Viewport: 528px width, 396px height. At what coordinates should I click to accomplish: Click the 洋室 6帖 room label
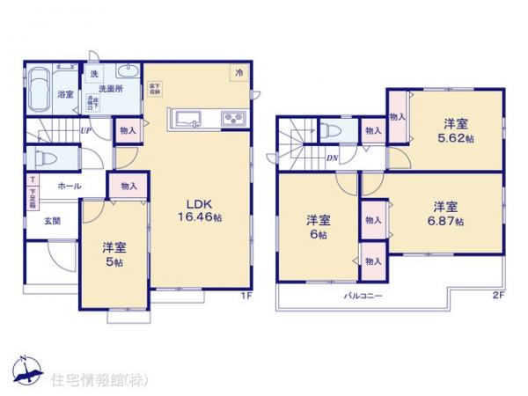click(318, 226)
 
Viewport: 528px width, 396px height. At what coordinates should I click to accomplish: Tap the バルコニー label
click(362, 297)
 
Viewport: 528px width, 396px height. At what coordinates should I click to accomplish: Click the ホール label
click(70, 187)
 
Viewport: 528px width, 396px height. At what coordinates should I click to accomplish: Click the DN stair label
click(333, 158)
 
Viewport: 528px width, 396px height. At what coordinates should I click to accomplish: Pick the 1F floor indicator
click(249, 296)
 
